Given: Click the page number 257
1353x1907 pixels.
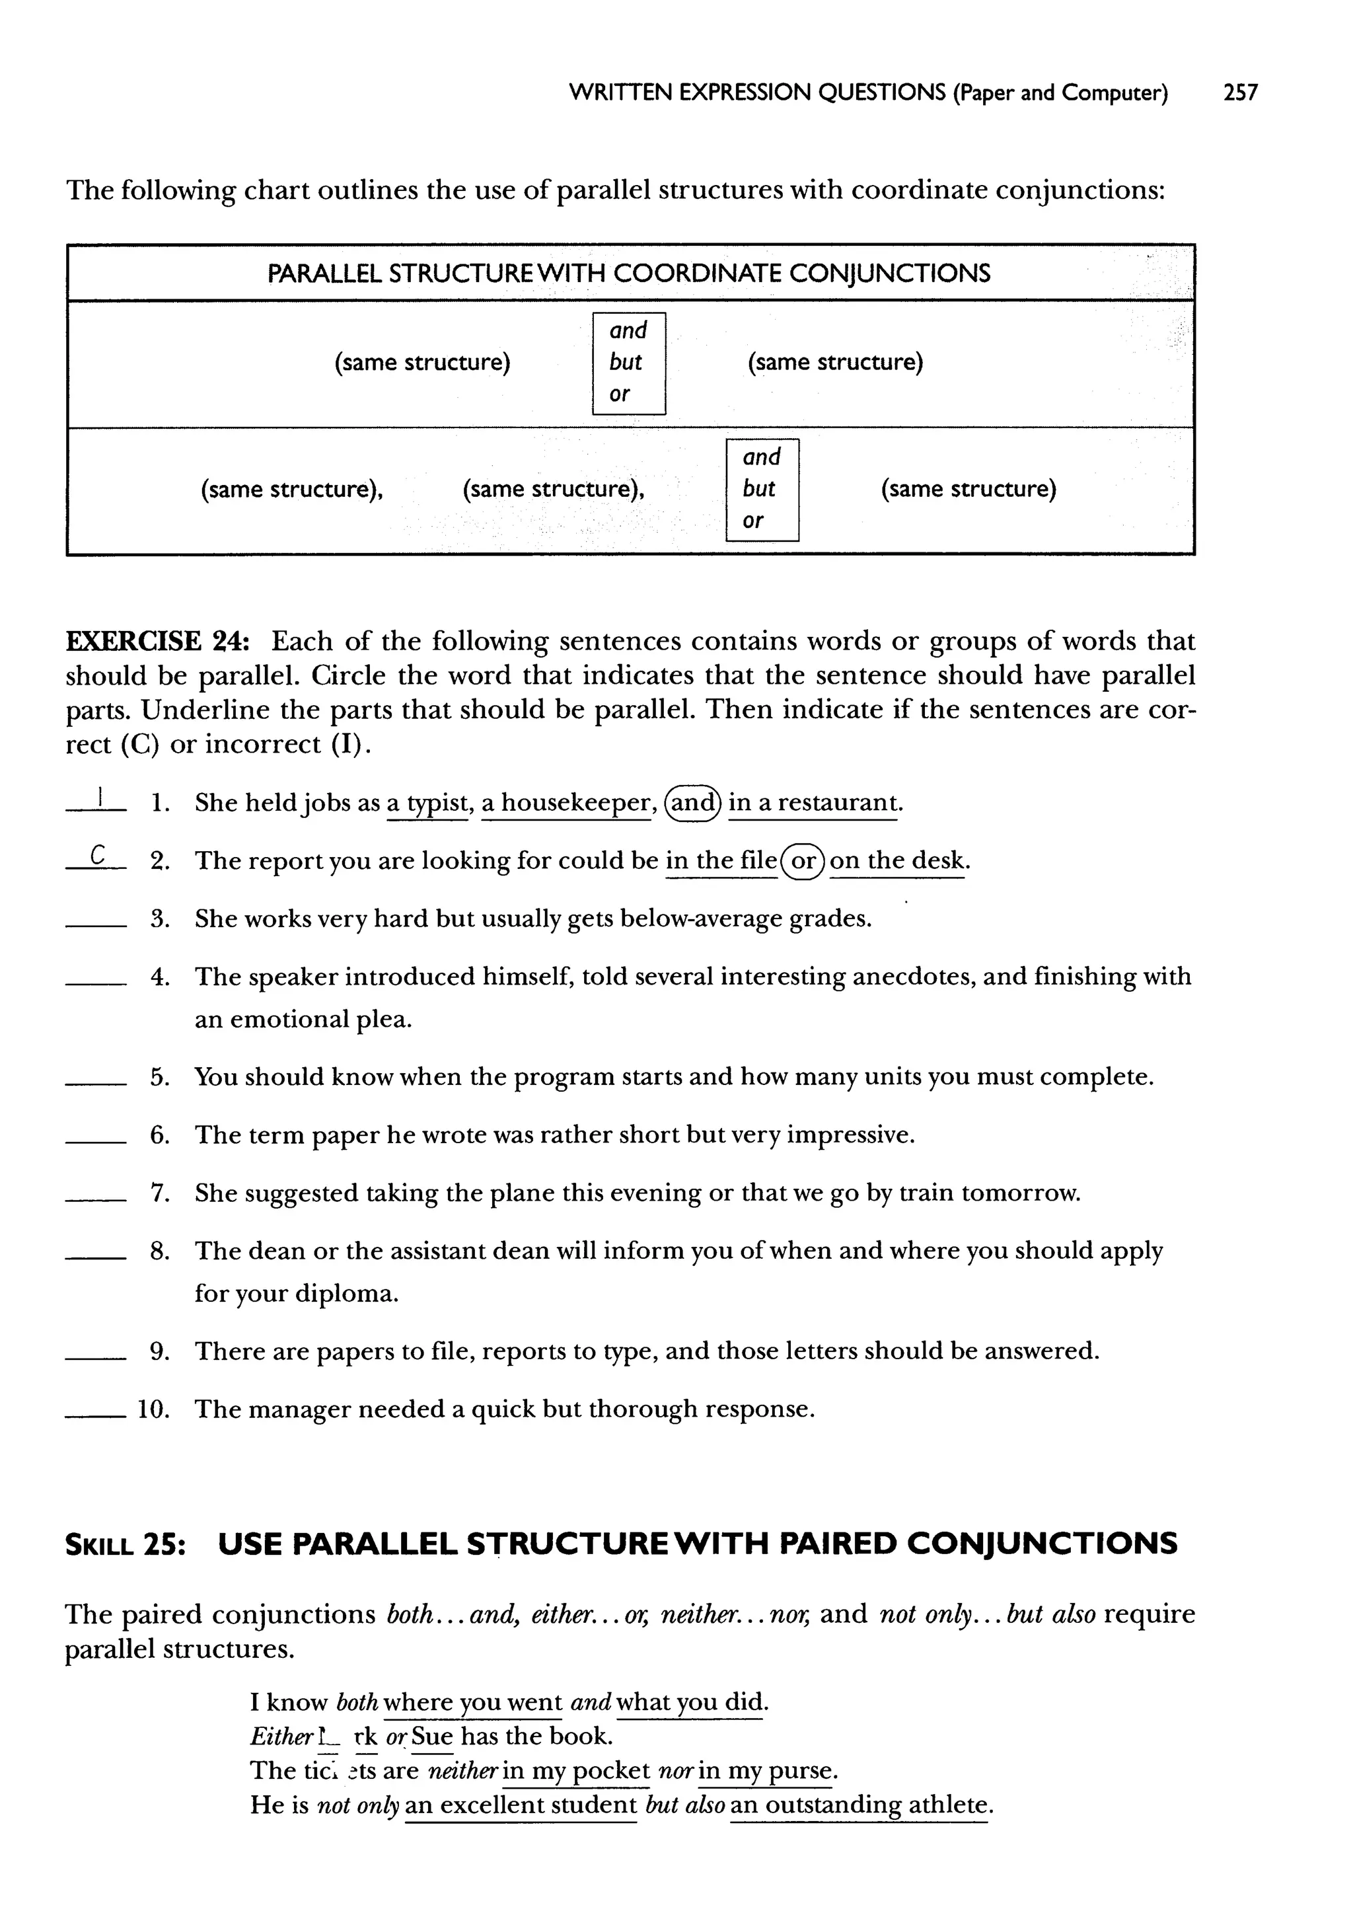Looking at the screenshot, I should point(1239,93).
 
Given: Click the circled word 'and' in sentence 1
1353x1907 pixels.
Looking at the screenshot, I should point(694,803).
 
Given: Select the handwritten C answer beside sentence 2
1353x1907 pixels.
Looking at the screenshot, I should point(98,855).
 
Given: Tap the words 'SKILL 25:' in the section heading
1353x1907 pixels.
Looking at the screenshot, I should point(125,1544).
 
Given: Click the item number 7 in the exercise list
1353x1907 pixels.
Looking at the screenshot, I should point(160,1193).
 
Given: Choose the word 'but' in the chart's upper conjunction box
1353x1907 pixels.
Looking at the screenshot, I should point(625,362).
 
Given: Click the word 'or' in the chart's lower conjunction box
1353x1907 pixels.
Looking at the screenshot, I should point(752,521).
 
